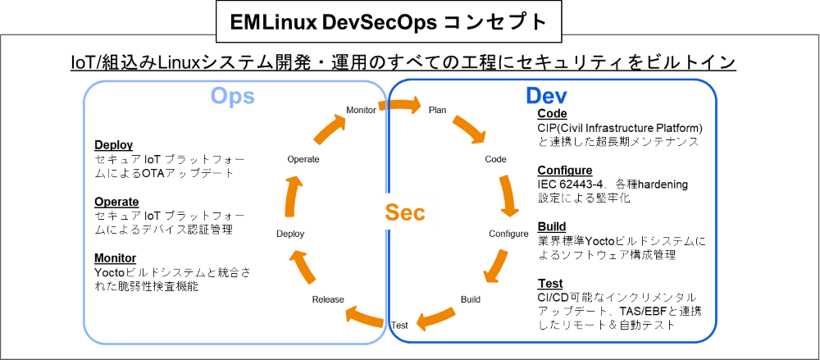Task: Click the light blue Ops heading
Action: (233, 96)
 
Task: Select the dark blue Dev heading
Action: (547, 96)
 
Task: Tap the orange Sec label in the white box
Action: (405, 212)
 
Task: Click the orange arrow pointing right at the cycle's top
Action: (403, 106)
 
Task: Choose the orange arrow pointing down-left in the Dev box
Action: (494, 266)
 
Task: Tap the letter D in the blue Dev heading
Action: (534, 96)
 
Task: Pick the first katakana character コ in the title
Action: (454, 22)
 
